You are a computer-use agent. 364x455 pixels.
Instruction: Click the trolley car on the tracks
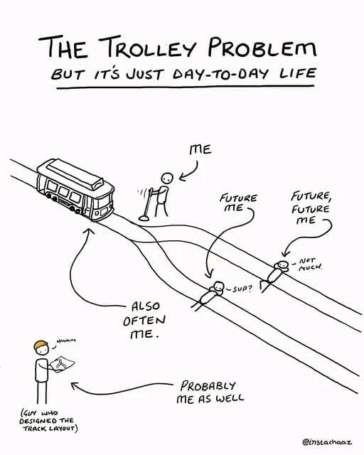pyautogui.click(x=75, y=190)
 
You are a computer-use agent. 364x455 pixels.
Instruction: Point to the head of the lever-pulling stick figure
pyautogui.click(x=167, y=178)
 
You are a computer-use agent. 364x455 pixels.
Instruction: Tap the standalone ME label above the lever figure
pyautogui.click(x=200, y=150)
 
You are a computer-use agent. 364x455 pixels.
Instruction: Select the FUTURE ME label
pyautogui.click(x=238, y=203)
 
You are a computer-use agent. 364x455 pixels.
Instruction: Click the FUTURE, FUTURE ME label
pyautogui.click(x=311, y=208)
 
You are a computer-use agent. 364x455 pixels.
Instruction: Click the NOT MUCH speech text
pyautogui.click(x=310, y=264)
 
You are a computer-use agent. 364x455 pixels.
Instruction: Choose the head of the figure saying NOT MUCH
pyautogui.click(x=282, y=264)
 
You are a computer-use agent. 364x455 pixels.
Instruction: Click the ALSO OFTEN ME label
pyautogui.click(x=144, y=320)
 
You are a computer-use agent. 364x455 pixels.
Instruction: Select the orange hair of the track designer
pyautogui.click(x=41, y=344)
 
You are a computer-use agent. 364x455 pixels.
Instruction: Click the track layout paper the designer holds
pyautogui.click(x=62, y=364)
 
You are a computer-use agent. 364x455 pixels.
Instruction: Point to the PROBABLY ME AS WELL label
pyautogui.click(x=210, y=392)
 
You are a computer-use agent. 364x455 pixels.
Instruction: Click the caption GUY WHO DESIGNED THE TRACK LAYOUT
pyautogui.click(x=48, y=420)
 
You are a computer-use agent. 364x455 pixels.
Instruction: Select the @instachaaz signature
pyautogui.click(x=328, y=442)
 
